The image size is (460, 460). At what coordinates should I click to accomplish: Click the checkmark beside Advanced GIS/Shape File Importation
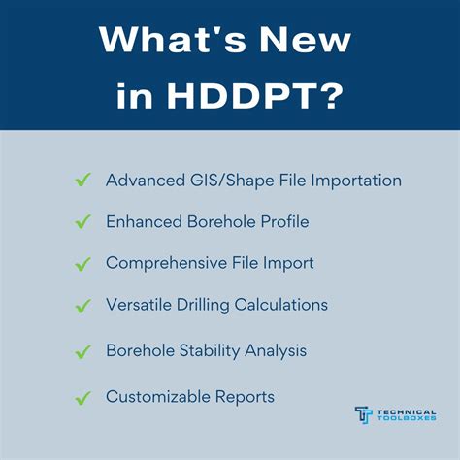click(x=82, y=181)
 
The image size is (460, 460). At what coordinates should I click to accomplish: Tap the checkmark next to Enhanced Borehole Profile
click(x=82, y=222)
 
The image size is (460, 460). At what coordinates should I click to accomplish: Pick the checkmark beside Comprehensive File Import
click(x=82, y=263)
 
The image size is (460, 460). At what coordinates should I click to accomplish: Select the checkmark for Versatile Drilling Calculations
click(x=82, y=305)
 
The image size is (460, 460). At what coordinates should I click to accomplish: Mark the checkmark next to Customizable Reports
click(x=82, y=396)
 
